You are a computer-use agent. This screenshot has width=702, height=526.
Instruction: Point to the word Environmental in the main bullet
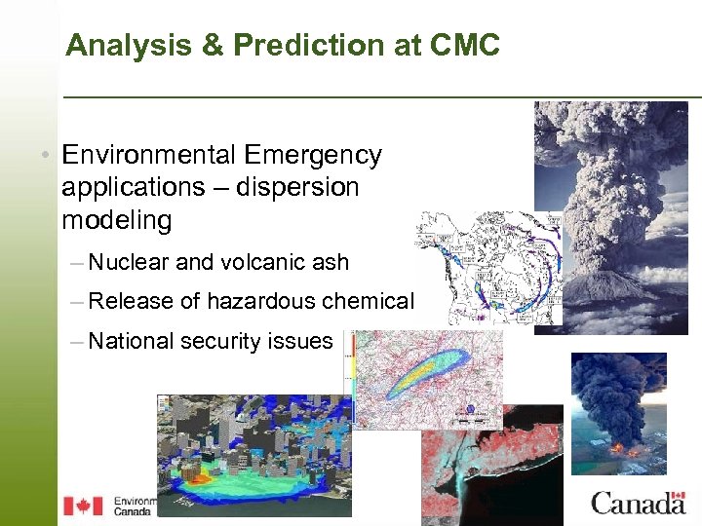click(148, 155)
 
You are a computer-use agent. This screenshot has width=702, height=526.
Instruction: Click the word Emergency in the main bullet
click(313, 155)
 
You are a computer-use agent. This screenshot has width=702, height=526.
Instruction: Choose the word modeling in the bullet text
click(116, 220)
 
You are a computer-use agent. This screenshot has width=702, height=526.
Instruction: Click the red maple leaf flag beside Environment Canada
click(83, 506)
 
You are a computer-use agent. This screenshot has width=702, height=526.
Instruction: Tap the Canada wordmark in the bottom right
click(638, 504)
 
